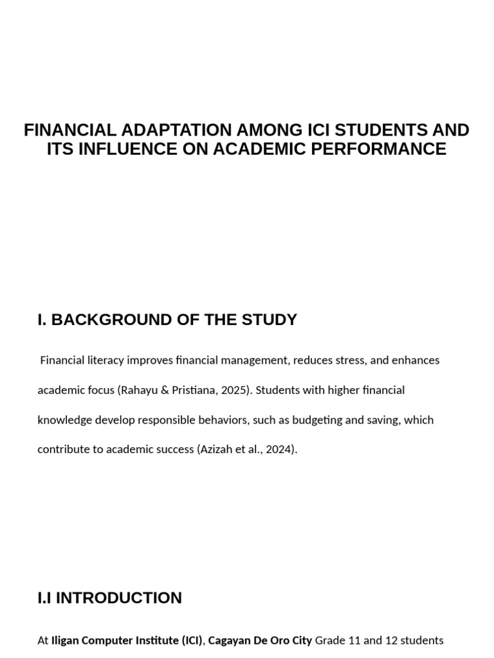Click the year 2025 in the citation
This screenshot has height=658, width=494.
click(x=235, y=390)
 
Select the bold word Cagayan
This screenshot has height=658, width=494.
click(x=230, y=641)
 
